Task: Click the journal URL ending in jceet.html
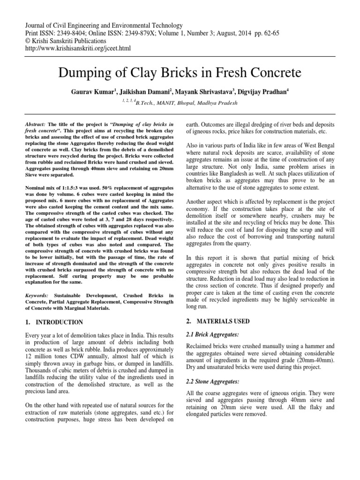pyautogui.click(x=78, y=48)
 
